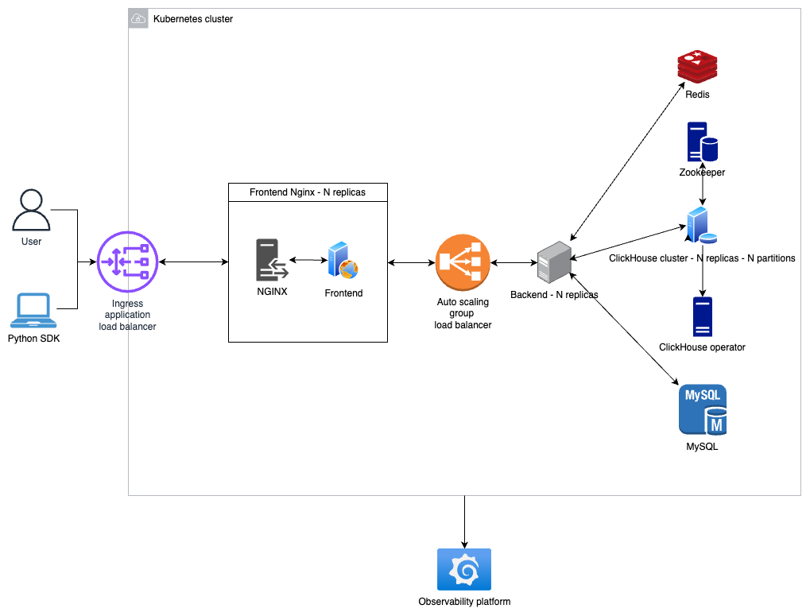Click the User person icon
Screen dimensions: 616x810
click(31, 210)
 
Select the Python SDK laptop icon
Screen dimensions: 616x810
click(31, 311)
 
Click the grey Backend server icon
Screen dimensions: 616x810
click(554, 262)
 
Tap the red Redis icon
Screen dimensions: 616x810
click(697, 67)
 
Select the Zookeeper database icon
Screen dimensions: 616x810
click(702, 142)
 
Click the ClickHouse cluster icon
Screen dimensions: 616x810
click(701, 225)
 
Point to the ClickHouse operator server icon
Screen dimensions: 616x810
click(702, 316)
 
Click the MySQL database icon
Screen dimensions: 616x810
click(702, 410)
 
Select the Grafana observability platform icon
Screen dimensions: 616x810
click(464, 569)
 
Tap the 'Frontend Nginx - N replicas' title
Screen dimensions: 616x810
click(308, 192)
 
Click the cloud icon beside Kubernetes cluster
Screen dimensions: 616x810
click(138, 18)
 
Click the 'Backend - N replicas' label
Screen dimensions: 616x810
click(553, 295)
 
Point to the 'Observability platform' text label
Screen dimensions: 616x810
click(464, 602)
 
